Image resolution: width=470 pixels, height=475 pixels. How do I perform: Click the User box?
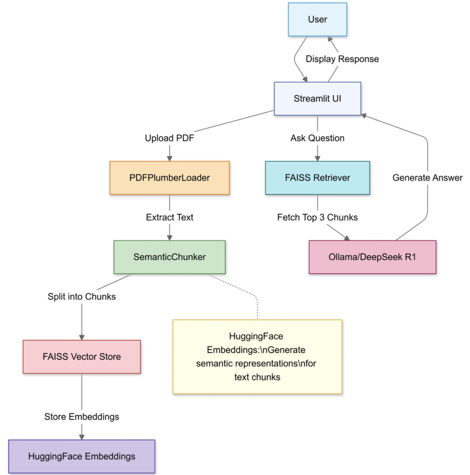[317, 20]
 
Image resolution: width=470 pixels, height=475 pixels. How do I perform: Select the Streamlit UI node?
[317, 99]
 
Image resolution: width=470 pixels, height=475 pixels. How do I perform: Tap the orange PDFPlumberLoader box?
[169, 178]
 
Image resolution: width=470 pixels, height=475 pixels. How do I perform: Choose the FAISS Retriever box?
[317, 178]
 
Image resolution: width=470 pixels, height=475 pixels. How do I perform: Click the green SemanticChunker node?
[169, 257]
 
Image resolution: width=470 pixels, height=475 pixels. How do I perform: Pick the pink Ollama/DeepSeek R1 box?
[372, 257]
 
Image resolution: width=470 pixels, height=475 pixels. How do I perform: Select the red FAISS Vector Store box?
[82, 357]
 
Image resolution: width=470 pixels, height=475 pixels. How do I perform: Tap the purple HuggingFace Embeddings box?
[82, 456]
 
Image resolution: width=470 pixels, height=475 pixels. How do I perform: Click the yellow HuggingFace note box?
[257, 357]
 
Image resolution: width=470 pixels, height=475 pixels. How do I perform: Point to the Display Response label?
[342, 59]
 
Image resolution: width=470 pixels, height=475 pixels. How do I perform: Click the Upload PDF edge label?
[169, 138]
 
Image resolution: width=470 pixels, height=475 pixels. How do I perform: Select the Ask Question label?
[317, 138]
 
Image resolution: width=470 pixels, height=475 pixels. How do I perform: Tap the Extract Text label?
[169, 217]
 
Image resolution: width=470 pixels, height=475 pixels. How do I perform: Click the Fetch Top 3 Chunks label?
[317, 217]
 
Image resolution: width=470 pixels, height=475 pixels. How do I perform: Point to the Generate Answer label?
[427, 177]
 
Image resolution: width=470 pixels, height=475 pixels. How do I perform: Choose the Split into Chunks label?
[82, 297]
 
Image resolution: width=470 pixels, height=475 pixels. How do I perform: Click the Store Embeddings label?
[82, 417]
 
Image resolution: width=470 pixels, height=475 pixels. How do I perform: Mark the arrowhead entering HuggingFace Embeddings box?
[82, 436]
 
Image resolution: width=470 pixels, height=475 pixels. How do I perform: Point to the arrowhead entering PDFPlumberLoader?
[169, 158]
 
